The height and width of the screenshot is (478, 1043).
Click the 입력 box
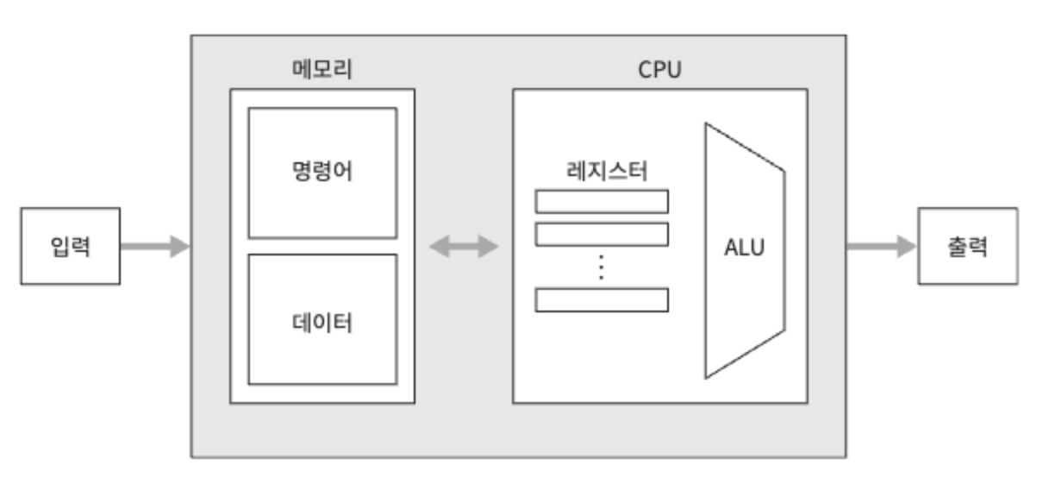70,247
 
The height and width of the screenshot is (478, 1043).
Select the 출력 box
967,247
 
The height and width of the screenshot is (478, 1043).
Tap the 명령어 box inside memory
322,173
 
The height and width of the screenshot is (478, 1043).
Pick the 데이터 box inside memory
322,319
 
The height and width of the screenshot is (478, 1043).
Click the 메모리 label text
322,70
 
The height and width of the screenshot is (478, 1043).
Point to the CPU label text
659,70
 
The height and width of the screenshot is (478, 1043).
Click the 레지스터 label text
602,171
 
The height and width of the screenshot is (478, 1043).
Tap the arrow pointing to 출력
880,247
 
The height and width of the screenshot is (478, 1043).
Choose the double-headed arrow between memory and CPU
464,247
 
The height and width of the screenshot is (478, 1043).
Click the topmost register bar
602,201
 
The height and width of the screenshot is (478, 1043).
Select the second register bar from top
602,234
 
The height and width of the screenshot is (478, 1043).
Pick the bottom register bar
602,299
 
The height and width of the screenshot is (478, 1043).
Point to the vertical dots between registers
602,267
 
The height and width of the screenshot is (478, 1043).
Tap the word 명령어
322,173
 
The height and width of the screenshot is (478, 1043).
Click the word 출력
967,247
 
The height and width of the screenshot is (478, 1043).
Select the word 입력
70,247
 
